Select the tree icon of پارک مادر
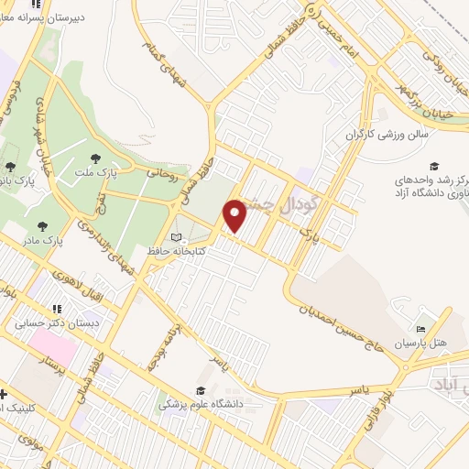tap(42, 224)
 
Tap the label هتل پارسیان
tap(420, 344)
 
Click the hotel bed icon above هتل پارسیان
tap(420, 329)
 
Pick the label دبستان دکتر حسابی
tap(57, 322)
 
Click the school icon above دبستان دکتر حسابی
tap(57, 309)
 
